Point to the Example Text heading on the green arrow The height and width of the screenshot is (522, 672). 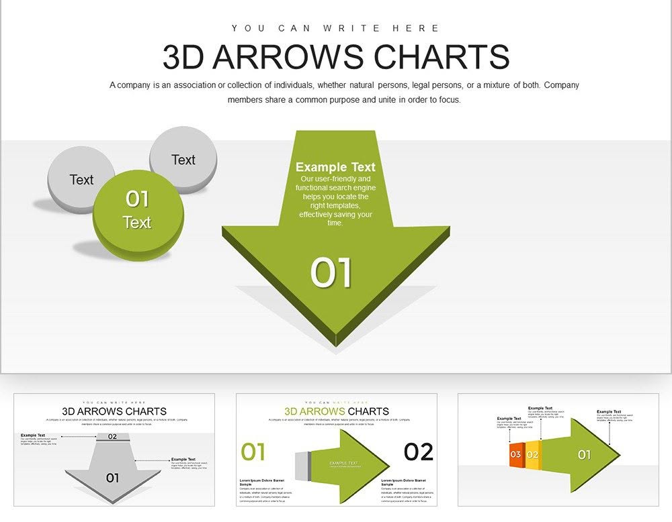[x=335, y=167]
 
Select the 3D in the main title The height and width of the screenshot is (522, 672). [x=183, y=57]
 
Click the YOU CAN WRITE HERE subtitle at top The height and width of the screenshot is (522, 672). [x=335, y=28]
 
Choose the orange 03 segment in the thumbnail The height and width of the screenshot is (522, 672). [x=515, y=454]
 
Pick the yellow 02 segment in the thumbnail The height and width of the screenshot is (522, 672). [x=532, y=454]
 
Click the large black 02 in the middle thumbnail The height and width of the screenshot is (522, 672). [x=418, y=452]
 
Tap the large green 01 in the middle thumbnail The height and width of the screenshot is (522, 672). [x=253, y=452]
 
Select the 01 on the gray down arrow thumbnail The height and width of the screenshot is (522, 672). [x=112, y=478]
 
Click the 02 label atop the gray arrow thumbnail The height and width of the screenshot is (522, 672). [x=112, y=437]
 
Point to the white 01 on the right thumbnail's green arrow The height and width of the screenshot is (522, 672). [x=584, y=454]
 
